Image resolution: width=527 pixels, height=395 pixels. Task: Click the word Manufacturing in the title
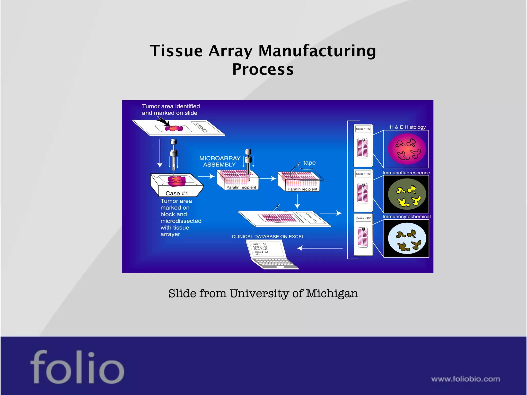(x=317, y=51)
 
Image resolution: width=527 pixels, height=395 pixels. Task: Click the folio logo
(x=77, y=367)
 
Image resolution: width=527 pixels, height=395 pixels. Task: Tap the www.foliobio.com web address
(x=465, y=379)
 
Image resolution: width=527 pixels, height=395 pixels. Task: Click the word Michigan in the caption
(x=332, y=293)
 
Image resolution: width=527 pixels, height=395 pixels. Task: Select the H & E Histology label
(x=408, y=127)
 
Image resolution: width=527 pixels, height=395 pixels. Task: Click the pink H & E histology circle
(x=407, y=149)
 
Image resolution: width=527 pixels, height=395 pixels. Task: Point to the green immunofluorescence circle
(x=407, y=194)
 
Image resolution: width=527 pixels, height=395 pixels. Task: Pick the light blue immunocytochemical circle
(x=407, y=238)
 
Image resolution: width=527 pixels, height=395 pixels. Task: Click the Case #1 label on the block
(x=177, y=193)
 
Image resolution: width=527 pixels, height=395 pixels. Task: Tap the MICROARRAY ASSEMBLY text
(x=220, y=161)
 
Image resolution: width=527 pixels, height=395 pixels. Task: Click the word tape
(x=309, y=163)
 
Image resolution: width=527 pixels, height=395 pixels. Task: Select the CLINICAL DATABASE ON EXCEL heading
(x=268, y=237)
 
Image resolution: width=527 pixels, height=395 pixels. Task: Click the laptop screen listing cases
(x=265, y=249)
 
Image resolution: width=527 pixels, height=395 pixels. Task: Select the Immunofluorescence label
(x=406, y=173)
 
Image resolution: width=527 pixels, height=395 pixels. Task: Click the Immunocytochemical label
(x=406, y=217)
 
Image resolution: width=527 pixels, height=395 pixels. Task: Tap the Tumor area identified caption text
(x=171, y=110)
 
